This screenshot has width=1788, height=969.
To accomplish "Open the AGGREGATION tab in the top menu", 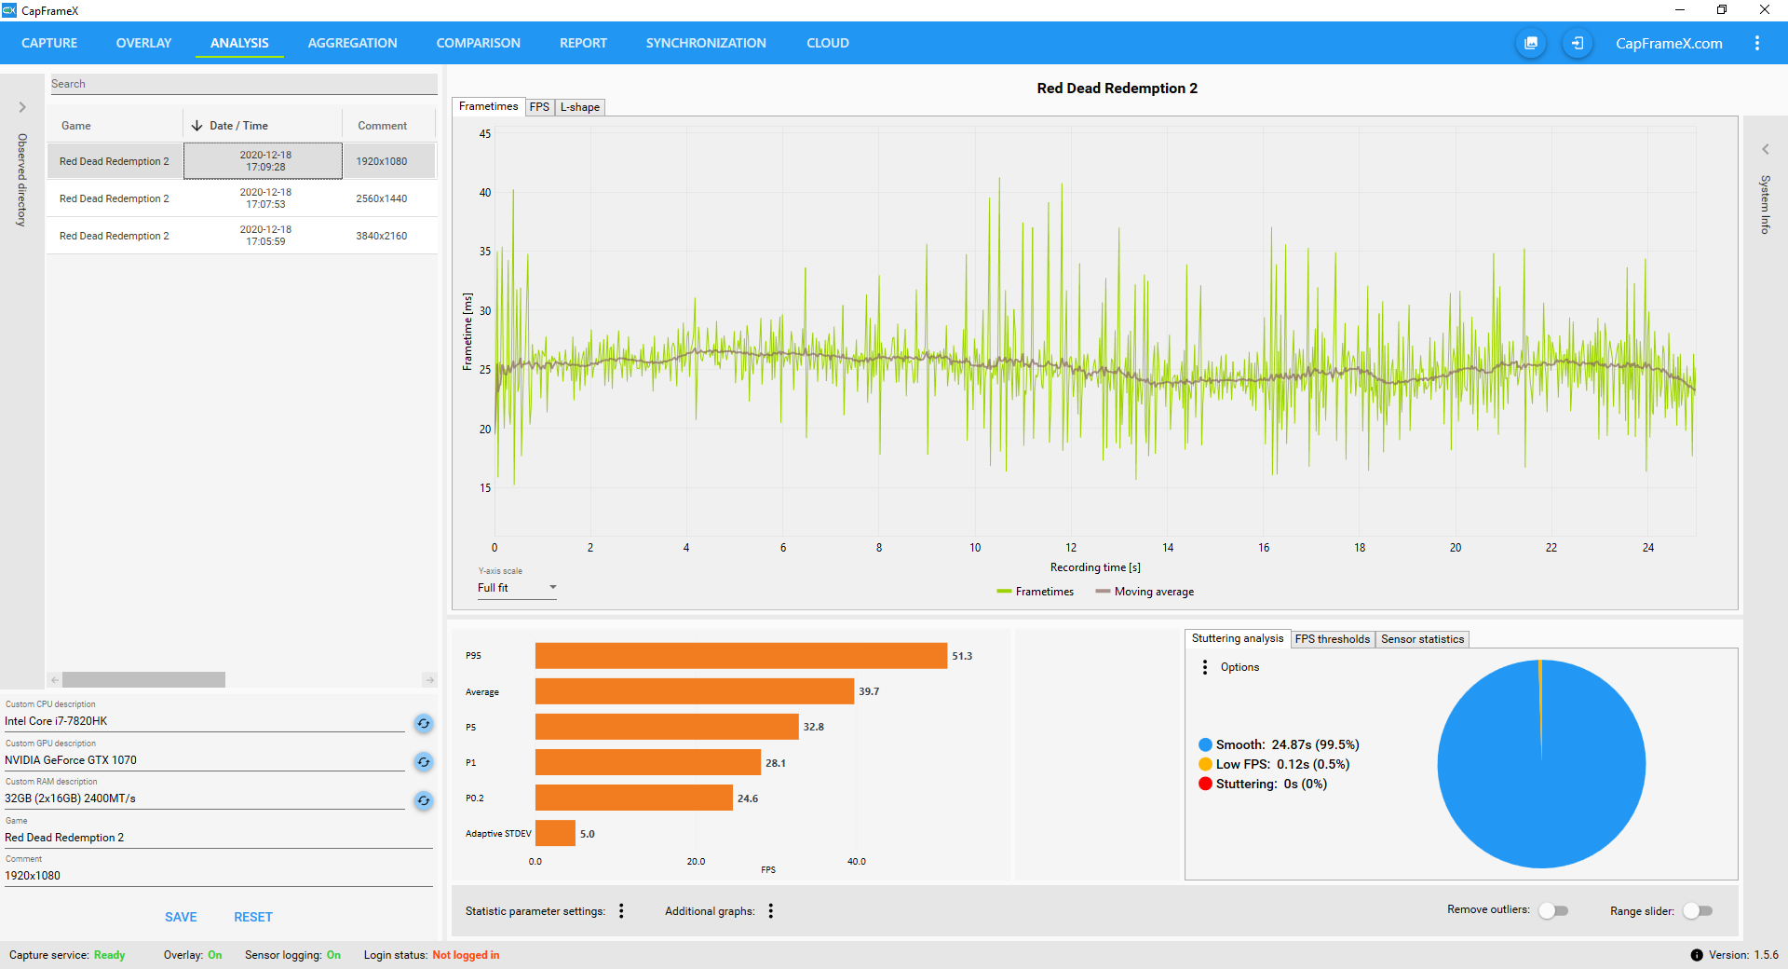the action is coord(352,43).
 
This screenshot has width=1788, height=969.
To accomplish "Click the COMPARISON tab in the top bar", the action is coord(478,43).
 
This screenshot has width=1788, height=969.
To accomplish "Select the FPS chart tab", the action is coord(539,107).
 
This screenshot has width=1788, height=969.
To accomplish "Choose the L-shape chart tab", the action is coord(579,107).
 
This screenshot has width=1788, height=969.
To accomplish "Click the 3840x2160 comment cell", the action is coord(382,236).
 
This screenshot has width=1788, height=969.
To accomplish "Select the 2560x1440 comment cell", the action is coord(382,198).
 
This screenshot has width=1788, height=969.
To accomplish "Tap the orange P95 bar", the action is coord(740,656).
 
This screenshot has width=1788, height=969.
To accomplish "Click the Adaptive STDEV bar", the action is coord(555,833).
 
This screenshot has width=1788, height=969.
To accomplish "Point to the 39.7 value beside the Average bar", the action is coord(869,691).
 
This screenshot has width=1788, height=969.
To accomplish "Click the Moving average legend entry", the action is coord(1145,592).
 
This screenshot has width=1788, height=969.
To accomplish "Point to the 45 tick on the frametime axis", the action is coord(485,134).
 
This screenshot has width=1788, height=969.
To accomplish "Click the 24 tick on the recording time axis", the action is coord(1648,548).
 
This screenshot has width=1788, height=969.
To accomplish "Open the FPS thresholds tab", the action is coord(1333,639).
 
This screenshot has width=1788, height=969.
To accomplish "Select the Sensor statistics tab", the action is coord(1422,639).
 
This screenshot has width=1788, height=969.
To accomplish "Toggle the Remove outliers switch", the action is coord(1553,910).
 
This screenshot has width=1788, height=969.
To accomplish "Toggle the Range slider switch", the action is coord(1698,910).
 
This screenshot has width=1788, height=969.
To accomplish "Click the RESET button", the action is coord(253,917).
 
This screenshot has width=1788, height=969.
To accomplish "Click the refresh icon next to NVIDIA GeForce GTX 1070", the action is coord(424,762).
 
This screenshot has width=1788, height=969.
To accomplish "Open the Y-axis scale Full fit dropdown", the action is coord(517,588).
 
